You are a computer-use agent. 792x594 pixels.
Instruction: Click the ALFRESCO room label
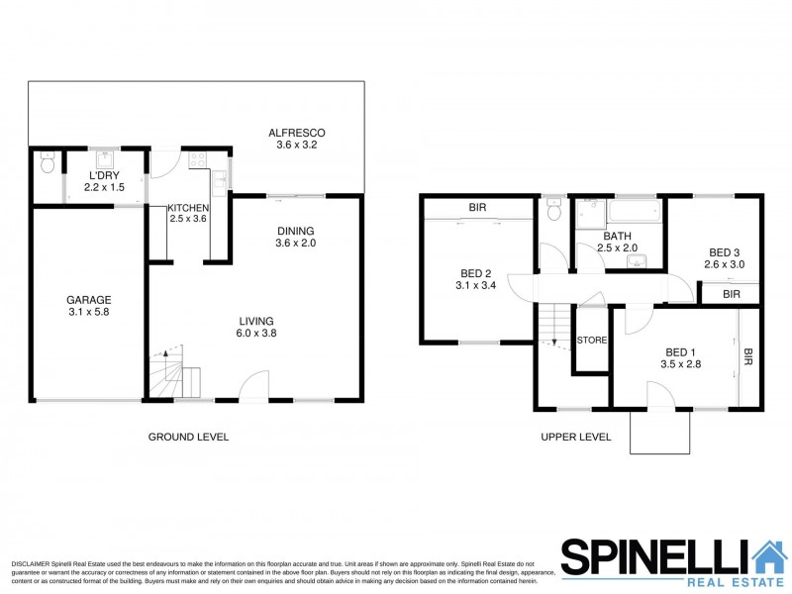tap(297, 134)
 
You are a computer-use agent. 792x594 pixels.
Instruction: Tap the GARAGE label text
tap(88, 300)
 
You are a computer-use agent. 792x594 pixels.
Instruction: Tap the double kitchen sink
tap(220, 180)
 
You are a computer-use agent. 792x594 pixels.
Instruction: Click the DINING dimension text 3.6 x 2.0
tap(295, 244)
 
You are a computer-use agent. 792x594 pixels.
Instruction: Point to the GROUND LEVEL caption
tap(188, 437)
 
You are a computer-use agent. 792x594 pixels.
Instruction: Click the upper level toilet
tap(555, 211)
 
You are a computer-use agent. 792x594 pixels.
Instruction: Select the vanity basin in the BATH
tap(640, 260)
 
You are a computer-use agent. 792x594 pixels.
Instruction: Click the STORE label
tap(591, 340)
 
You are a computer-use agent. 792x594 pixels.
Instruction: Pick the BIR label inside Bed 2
tap(477, 208)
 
